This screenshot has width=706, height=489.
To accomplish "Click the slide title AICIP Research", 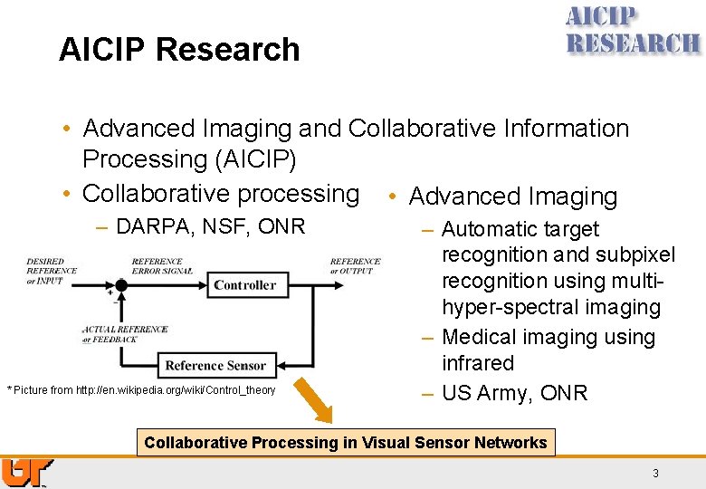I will (179, 49).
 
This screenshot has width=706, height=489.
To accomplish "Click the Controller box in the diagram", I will (244, 285).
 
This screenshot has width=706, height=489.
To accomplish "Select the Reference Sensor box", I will (215, 366).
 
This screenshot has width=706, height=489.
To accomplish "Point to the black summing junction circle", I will (119, 284).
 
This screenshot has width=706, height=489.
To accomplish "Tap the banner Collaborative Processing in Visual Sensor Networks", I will (346, 443).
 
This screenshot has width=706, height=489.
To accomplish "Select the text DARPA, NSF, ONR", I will (211, 226).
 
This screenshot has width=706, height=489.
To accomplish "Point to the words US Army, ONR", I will (514, 393).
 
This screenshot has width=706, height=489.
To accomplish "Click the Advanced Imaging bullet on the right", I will (512, 197).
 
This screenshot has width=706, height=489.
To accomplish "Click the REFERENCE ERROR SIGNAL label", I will (162, 266).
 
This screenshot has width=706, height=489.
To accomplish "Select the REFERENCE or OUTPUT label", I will (355, 266).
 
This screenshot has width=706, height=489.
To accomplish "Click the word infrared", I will (478, 364).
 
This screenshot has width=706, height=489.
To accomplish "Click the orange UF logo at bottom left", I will (25, 472).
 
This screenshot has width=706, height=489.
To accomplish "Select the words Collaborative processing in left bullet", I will (221, 194).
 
